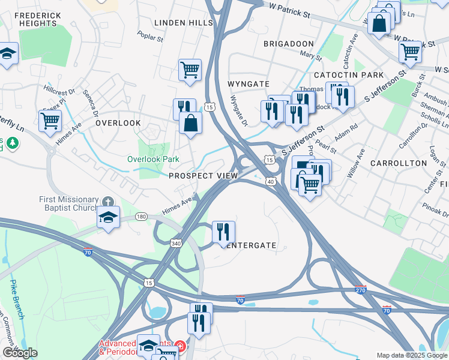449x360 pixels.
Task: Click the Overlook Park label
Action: pyautogui.click(x=153, y=160)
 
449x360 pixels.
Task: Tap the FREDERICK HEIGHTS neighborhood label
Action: pyautogui.click(x=37, y=19)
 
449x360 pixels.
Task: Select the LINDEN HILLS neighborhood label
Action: pyautogui.click(x=184, y=23)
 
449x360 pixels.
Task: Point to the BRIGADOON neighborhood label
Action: pyautogui.click(x=288, y=44)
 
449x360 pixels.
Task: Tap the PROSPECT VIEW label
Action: pyautogui.click(x=203, y=176)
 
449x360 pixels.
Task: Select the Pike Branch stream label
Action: pyautogui.click(x=16, y=298)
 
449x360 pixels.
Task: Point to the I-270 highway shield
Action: pyautogui.click(x=360, y=289)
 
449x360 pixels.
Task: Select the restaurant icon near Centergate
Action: pyautogui.click(x=223, y=232)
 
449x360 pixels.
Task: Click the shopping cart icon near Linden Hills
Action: pyautogui.click(x=190, y=69)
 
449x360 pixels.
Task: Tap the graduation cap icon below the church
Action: pyautogui.click(x=109, y=217)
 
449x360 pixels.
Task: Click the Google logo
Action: pyautogui.click(x=20, y=353)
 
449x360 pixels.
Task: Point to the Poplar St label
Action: pyautogui.click(x=150, y=37)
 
